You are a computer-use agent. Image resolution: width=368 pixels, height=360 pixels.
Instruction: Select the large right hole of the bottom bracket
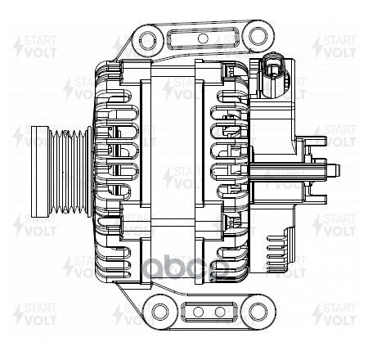pos(259,312)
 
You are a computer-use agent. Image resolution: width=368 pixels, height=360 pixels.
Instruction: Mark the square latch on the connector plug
pos(274,70)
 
